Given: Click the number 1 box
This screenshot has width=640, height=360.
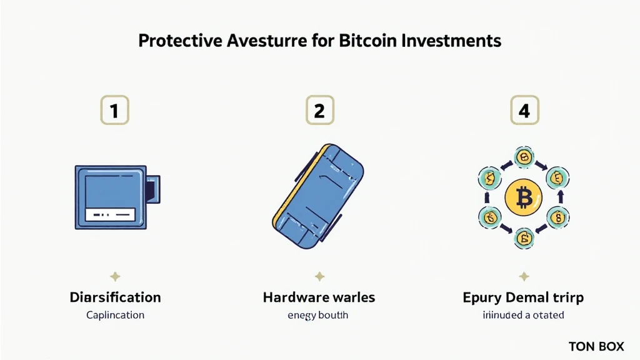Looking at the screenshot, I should [x=114, y=111].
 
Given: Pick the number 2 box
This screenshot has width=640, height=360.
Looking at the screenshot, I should [x=319, y=111].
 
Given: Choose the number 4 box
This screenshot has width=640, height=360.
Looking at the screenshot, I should [x=524, y=111].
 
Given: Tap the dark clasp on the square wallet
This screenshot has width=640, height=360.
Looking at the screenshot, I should [x=152, y=188].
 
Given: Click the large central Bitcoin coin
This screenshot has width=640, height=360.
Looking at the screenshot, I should [x=524, y=199].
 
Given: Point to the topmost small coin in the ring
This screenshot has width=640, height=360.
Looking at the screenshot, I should [x=524, y=157].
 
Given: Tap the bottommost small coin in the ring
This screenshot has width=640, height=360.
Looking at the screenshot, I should [x=524, y=238].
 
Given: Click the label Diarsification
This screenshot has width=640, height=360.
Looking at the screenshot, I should [x=115, y=297].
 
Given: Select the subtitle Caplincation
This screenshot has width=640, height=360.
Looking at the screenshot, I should [x=115, y=315].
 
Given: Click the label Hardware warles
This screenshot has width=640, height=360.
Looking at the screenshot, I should [x=319, y=297].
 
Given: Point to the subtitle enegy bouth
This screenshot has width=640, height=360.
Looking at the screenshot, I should [x=319, y=315].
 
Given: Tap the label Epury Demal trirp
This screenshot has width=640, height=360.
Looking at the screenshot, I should [x=523, y=297].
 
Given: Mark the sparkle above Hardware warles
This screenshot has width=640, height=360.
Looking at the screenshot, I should [x=319, y=276].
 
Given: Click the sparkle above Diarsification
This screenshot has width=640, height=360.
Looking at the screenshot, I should [x=115, y=276].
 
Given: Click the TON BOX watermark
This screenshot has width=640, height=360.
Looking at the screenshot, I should [x=596, y=346].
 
